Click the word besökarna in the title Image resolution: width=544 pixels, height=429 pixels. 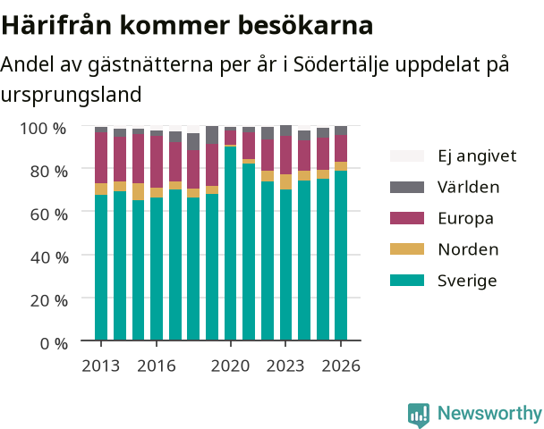tap(306, 25)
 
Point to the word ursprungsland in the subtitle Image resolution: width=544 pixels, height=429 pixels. tap(71, 95)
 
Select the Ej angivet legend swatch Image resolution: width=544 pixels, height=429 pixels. tap(407, 156)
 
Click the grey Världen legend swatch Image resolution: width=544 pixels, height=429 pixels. tap(407, 187)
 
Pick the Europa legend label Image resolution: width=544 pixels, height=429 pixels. tap(465, 219)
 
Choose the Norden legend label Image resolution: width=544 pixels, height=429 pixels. tap(468, 249)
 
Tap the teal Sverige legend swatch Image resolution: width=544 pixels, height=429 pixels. tap(407, 281)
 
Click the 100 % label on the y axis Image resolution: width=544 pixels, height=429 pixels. tap(43, 128)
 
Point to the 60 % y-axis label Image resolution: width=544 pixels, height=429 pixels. tap(49, 214)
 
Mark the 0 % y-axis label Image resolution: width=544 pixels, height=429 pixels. tap(54, 344)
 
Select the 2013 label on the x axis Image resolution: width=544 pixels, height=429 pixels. tap(100, 366)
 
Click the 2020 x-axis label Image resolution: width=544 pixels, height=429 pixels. tap(230, 366)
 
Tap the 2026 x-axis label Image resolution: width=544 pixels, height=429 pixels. tap(341, 366)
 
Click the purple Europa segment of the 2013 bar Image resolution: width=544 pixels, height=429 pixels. tap(101, 157)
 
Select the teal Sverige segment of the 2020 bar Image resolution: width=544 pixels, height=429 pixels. tap(230, 243)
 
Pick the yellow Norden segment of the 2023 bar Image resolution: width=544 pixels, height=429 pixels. tap(286, 182)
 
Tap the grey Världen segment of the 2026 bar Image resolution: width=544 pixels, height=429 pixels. tap(341, 130)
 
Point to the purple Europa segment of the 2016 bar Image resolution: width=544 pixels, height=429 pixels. tap(157, 162)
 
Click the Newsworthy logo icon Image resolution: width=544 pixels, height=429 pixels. tap(419, 415)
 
